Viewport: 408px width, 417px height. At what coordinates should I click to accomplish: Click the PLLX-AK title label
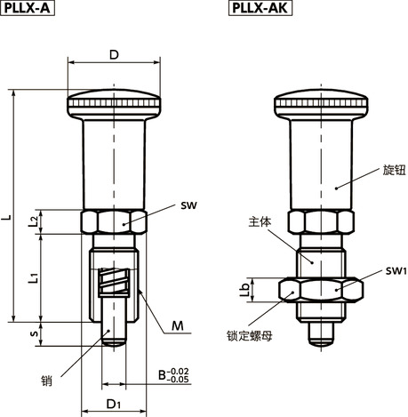[260, 9]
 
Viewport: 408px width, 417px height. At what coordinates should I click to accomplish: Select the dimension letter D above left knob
[113, 55]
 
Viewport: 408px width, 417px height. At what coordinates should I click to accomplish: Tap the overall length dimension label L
[8, 216]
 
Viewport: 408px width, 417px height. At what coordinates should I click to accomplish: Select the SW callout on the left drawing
[188, 205]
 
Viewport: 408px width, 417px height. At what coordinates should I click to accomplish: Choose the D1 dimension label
[113, 405]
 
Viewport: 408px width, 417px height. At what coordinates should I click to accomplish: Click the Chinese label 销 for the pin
[47, 380]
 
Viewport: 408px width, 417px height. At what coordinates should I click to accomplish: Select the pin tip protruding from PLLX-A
[113, 334]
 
